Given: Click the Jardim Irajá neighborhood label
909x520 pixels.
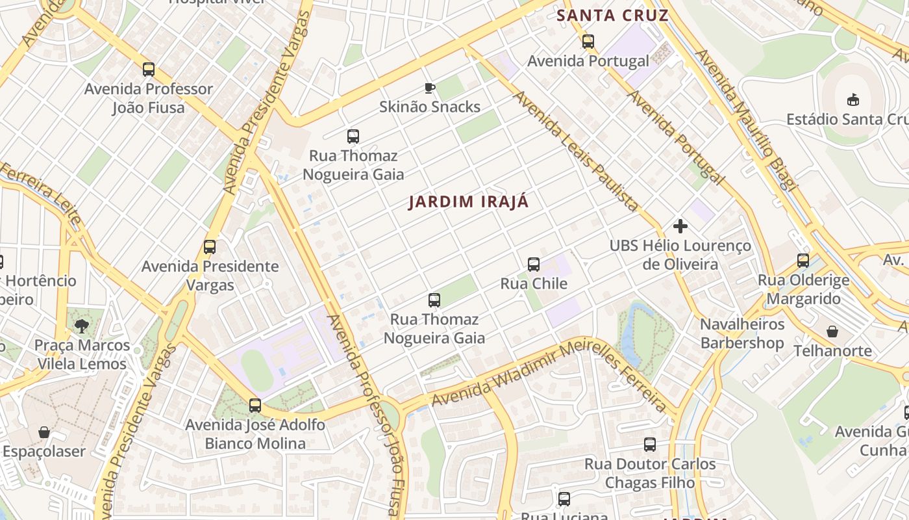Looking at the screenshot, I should pos(468,201).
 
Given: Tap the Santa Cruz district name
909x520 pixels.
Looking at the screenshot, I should pos(612,16).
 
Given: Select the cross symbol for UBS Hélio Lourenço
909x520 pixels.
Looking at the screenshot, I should pos(680,226).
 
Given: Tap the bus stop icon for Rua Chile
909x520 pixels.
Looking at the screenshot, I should pos(534,265).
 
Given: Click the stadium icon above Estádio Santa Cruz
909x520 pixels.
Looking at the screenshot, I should pos(853,99).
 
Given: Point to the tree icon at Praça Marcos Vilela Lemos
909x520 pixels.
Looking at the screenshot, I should pos(81,326).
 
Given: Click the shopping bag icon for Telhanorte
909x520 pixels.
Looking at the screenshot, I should pos(832,331).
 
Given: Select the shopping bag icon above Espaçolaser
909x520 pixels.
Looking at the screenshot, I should pos(44,432).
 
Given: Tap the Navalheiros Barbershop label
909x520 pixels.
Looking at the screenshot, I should pos(742,333).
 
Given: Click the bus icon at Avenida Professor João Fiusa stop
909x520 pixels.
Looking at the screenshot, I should pos(149,70).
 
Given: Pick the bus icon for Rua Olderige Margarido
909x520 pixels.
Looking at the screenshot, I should pos(803,261).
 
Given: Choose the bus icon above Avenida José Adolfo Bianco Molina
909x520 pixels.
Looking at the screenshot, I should pos(255,406).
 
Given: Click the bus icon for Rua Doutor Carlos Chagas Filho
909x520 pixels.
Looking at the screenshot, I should pos(650,445).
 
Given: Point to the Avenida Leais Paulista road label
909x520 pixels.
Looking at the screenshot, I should pos(575,151).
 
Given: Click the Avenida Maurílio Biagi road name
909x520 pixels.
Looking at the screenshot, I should pos(745,120).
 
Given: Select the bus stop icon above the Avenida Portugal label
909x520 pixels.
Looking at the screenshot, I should pos(588,42).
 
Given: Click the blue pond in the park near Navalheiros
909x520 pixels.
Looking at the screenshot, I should pos(630,341).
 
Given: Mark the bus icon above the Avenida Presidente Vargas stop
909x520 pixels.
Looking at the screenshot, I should pos(210,247).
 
